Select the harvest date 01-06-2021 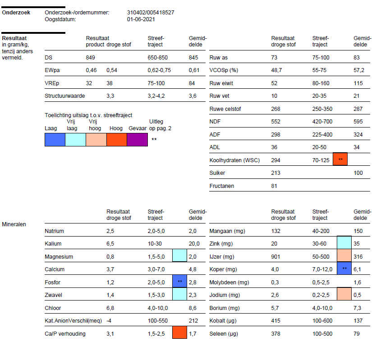tap(141, 19)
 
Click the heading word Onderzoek tap(16, 13)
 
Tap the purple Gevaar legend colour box tap(137, 140)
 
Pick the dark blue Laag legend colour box tap(55, 140)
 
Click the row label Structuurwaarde tap(65, 96)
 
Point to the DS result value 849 tap(91, 58)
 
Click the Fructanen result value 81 tap(275, 186)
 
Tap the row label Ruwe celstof tap(225, 109)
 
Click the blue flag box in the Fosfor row tap(179, 283)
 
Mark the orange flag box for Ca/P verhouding tap(179, 333)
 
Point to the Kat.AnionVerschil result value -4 tap(109, 321)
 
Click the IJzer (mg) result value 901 tap(276, 257)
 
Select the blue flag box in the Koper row tap(344, 269)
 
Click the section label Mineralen tap(14, 223)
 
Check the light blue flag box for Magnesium tap(179, 256)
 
